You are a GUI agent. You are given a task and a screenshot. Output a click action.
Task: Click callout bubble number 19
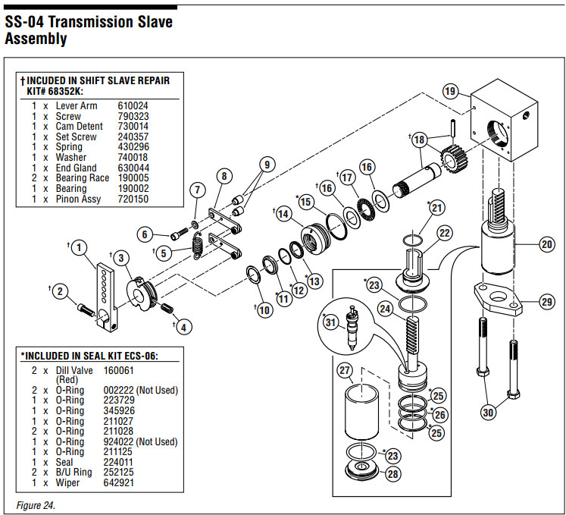tap(450, 92)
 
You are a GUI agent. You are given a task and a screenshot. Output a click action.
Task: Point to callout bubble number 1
tap(80, 247)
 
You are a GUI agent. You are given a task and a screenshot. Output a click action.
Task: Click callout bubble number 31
tap(329, 322)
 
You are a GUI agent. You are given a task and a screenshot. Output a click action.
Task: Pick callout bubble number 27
tap(346, 370)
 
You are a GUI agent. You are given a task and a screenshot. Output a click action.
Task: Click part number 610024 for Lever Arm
tap(133, 106)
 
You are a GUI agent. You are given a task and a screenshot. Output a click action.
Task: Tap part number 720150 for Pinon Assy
tap(133, 199)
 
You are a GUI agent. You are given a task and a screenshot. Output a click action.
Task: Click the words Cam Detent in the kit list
tap(76, 127)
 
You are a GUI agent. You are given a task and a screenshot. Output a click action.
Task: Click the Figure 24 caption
tap(36, 504)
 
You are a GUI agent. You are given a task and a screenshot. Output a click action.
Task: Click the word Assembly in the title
tap(36, 39)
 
